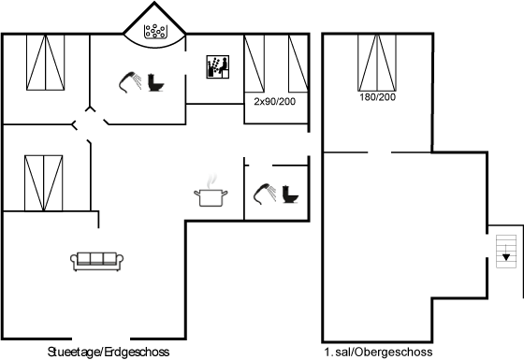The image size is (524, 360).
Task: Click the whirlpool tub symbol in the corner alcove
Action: [154, 31]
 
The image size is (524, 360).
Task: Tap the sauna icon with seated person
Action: [218, 66]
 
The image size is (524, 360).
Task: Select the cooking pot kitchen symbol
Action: [211, 194]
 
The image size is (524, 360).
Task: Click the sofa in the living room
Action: [97, 261]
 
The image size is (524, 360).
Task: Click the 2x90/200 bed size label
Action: [275, 101]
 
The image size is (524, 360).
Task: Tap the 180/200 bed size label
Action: [378, 97]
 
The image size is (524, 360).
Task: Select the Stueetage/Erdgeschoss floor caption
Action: [109, 352]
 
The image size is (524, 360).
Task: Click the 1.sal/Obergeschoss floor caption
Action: [378, 352]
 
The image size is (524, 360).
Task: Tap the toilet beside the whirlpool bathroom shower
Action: [155, 82]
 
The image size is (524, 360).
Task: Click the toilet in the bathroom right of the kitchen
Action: [290, 194]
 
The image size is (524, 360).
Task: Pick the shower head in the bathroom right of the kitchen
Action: [265, 194]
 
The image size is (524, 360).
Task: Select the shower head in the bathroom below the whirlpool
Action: [130, 82]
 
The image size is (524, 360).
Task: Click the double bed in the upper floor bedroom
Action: [377, 63]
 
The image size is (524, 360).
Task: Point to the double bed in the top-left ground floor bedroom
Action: [46, 62]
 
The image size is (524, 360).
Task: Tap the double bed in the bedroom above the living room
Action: [43, 183]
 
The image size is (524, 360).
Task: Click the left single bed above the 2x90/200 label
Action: [255, 64]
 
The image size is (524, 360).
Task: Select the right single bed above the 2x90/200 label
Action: [298, 64]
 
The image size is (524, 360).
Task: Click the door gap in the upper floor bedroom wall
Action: [380, 152]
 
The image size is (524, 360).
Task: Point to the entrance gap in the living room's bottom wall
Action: [101, 338]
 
